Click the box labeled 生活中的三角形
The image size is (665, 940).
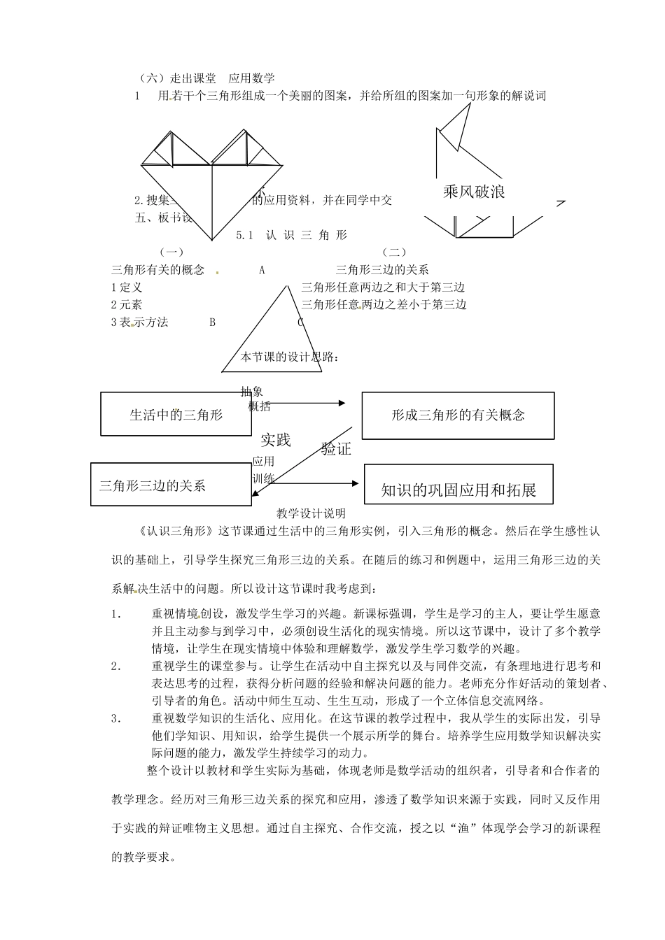176,414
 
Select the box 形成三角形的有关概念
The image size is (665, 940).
458,415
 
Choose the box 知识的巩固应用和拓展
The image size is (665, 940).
458,490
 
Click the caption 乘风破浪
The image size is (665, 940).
474,191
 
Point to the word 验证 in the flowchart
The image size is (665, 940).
336,448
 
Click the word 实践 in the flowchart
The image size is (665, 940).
275,439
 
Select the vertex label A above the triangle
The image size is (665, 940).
262,269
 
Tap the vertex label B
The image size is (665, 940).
213,322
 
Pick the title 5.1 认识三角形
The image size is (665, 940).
292,235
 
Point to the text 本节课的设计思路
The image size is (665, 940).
289,357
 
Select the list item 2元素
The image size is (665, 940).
127,304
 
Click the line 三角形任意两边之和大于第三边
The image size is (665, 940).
383,287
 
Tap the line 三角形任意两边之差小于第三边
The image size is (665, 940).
384,304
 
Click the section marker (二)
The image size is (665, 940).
394,252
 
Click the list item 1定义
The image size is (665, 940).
127,287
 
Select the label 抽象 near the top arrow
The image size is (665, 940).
252,392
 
